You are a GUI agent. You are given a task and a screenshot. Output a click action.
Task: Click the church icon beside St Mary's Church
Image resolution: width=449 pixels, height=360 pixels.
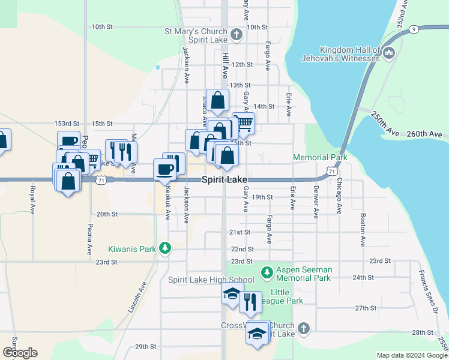[x=237, y=34]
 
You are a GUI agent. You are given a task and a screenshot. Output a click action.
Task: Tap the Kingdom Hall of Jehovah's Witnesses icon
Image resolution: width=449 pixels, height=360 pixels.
[x=388, y=54]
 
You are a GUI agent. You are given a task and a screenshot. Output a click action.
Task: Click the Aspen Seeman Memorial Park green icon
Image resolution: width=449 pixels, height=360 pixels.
[x=267, y=274]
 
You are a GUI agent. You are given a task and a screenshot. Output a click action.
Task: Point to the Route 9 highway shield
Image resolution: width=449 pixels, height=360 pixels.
[x=414, y=29]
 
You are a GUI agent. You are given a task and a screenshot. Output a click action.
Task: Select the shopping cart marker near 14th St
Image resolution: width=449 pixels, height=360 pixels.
[x=244, y=123]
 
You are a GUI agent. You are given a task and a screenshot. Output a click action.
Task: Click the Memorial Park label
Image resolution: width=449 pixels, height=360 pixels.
[x=320, y=158]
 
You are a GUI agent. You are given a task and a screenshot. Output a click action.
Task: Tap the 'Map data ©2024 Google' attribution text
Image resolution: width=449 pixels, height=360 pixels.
[x=411, y=355]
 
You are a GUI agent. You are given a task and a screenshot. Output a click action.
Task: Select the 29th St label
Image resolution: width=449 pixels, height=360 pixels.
[x=145, y=347]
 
